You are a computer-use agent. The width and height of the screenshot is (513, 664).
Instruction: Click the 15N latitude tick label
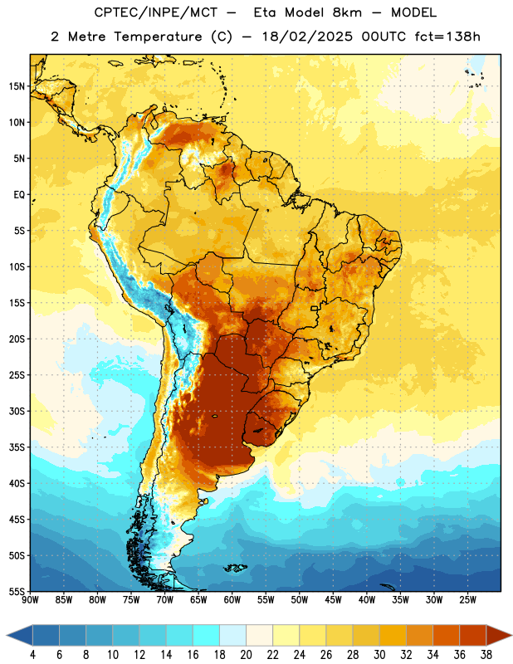[x=17, y=86]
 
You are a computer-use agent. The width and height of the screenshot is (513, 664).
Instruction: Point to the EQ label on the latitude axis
[x=19, y=195]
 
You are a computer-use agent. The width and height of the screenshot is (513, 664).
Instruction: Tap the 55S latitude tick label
[x=17, y=591]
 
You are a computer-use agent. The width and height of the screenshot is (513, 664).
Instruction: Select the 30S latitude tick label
[x=17, y=411]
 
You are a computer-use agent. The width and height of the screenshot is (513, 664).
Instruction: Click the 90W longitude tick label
[x=30, y=599]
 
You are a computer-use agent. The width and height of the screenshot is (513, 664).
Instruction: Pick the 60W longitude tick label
[x=232, y=599]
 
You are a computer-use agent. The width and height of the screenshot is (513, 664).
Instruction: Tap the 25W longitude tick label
[x=467, y=599]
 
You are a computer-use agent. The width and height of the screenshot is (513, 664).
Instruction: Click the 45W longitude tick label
[x=333, y=599]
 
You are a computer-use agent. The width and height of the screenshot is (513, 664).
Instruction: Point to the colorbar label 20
[x=246, y=655]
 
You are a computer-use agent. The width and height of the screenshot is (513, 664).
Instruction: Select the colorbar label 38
[x=486, y=655]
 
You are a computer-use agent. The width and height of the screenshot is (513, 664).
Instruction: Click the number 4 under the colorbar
[x=32, y=655]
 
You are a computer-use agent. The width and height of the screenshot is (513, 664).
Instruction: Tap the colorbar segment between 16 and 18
[x=207, y=635]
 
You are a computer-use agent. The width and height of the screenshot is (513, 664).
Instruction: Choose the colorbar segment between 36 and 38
[x=473, y=635]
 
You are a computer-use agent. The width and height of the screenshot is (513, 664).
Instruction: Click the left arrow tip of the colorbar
[x=7, y=635]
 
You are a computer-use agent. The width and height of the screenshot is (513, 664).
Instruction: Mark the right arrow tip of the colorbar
[x=511, y=635]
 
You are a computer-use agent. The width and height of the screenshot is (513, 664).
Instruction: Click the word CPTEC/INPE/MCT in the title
[x=156, y=12]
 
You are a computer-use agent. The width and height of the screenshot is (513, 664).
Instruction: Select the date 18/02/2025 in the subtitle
[x=307, y=37]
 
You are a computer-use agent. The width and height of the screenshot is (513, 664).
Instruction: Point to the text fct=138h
[x=447, y=37]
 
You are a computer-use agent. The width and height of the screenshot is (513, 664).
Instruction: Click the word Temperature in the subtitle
[x=158, y=37]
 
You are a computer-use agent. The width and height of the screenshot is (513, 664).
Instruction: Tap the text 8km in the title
[x=347, y=12]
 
